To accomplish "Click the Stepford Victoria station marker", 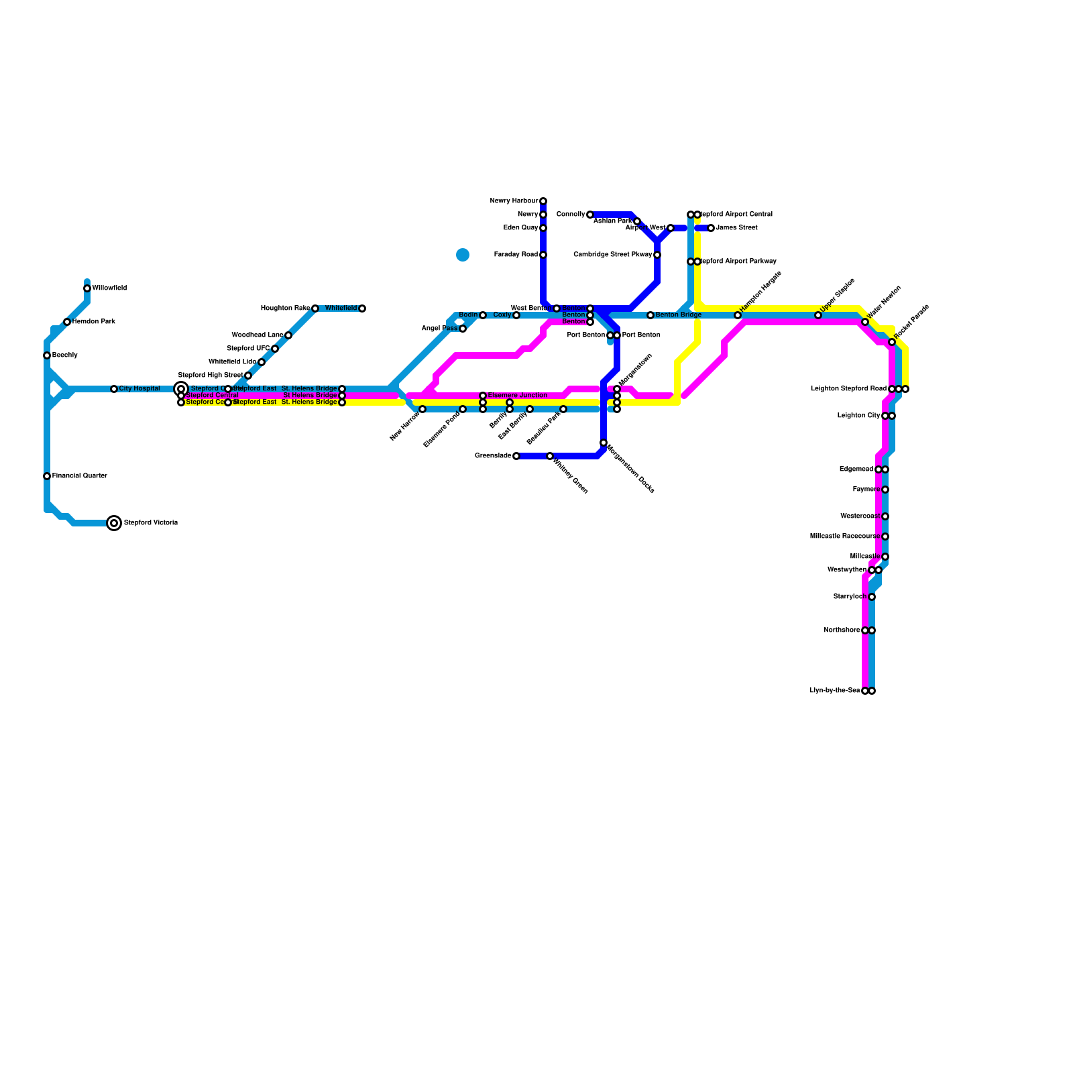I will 115,523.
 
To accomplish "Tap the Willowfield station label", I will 109,288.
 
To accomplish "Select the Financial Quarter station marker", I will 47,476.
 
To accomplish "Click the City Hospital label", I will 139,389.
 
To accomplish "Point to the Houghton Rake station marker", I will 315,308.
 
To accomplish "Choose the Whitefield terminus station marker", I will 362,308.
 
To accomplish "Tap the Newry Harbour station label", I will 514,201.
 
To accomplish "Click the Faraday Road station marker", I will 543,255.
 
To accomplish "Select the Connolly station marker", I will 590,215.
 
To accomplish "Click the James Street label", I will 736,228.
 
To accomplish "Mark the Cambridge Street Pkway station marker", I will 657,255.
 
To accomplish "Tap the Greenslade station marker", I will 516,456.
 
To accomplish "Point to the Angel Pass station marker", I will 463,329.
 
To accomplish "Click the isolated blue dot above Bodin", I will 463,255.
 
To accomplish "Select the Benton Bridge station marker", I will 651,315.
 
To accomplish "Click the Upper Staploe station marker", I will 818,315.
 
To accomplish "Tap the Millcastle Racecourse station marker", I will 885,536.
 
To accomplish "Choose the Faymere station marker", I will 885,490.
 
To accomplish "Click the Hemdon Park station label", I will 94,322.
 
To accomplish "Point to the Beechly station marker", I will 47,355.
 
